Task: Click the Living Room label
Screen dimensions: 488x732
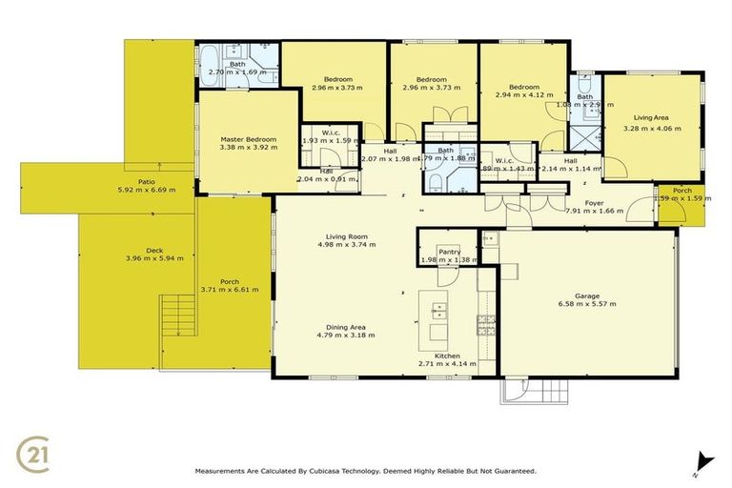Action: click(344, 236)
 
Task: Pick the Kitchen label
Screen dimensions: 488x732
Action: click(446, 356)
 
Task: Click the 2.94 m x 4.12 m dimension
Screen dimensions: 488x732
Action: click(523, 95)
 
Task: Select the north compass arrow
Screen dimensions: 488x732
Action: click(704, 460)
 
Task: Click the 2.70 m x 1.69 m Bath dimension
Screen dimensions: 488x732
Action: click(237, 71)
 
